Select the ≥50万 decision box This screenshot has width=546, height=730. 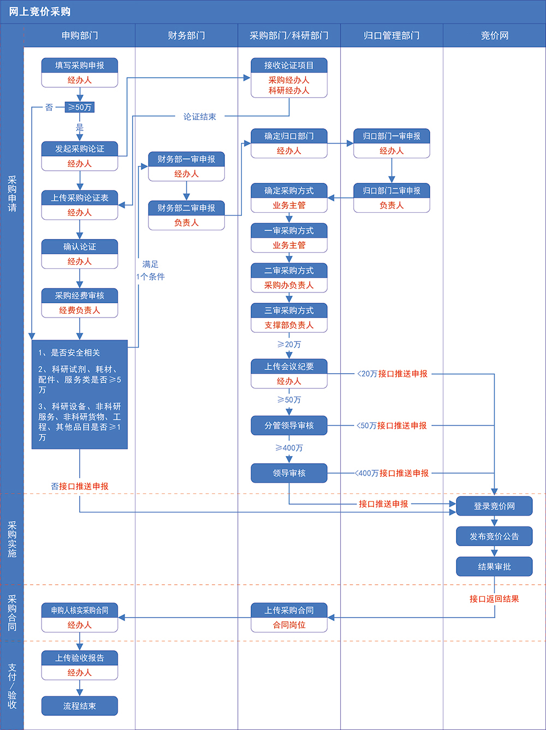(80, 107)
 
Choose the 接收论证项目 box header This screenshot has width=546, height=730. (289, 65)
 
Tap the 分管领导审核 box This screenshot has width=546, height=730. (289, 426)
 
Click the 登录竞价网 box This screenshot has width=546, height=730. (494, 506)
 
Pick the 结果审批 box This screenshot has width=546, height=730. (494, 567)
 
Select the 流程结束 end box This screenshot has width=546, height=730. (80, 706)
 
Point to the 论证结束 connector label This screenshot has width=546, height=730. (200, 117)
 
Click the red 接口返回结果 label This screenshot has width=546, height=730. (494, 599)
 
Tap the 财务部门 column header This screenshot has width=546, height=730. (186, 35)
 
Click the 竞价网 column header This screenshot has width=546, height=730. (494, 35)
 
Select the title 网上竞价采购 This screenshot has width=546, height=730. (40, 11)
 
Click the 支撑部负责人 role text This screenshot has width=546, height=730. (289, 325)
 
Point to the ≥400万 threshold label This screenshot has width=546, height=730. (289, 448)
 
